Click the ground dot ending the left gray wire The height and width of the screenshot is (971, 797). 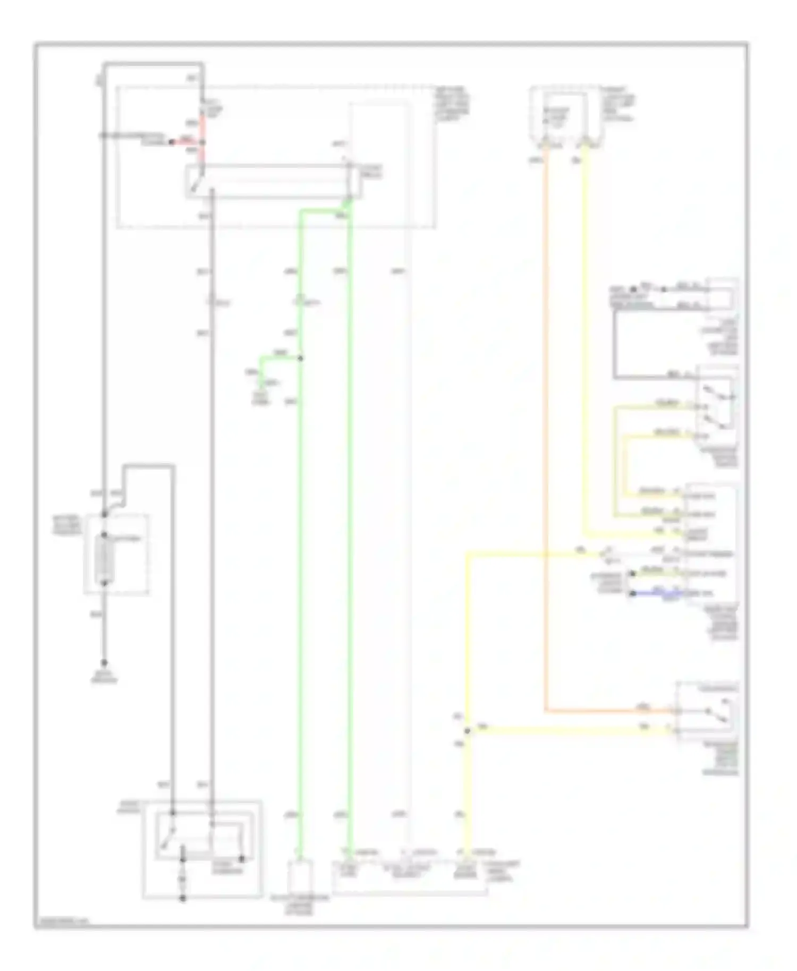click(105, 662)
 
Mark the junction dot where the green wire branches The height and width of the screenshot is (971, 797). click(300, 359)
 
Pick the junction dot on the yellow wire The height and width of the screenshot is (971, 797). click(468, 731)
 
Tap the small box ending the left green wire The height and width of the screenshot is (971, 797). click(300, 878)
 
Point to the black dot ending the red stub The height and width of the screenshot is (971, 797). click(171, 142)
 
